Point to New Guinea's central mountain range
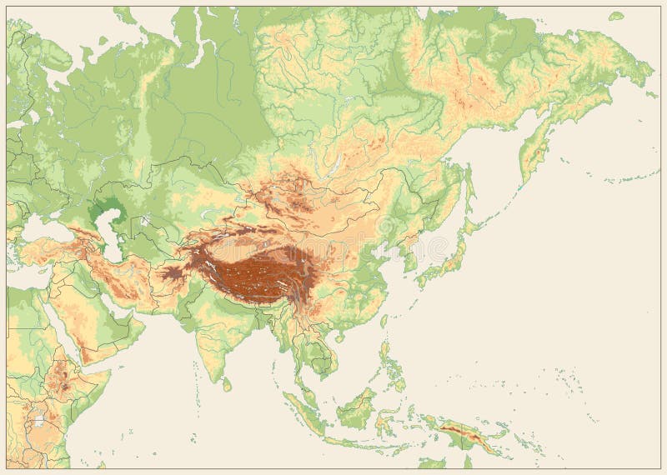[467, 433]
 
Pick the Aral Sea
[145, 221]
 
